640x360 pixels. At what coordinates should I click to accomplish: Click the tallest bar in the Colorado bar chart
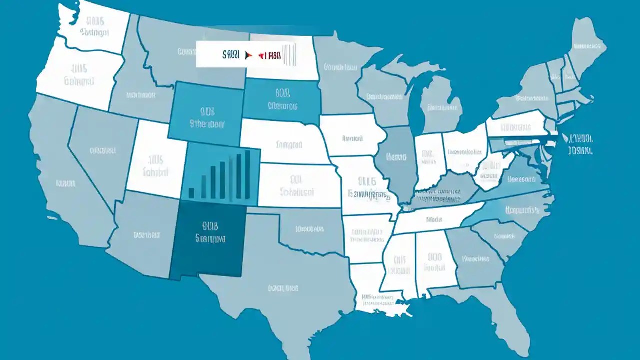[x=247, y=175]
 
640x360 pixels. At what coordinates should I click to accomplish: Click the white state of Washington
[x=95, y=27]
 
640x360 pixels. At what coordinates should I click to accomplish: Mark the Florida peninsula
[x=515, y=320]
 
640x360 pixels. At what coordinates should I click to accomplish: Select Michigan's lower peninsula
[x=440, y=105]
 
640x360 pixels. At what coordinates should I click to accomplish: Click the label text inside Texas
[x=283, y=288]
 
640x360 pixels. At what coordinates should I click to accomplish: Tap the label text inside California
[x=65, y=183]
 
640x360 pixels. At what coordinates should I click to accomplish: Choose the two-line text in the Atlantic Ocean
[x=580, y=144]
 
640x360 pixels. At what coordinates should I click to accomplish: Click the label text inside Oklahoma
[x=310, y=229]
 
